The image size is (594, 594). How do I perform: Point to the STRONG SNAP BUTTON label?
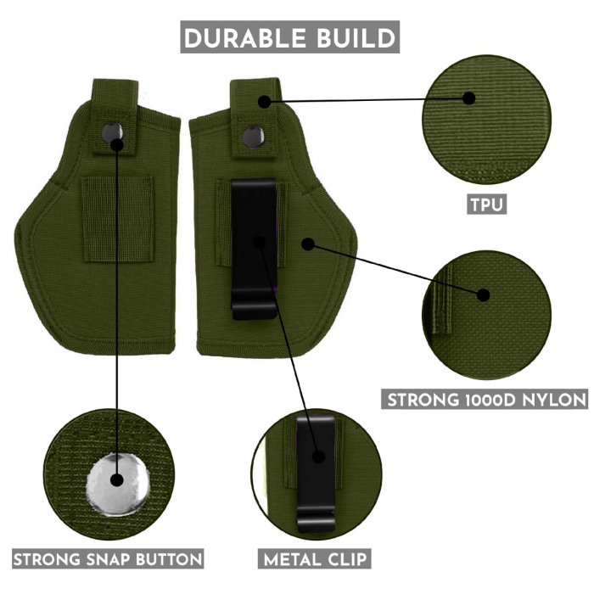click(x=108, y=559)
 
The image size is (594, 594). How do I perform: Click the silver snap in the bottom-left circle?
click(x=116, y=479)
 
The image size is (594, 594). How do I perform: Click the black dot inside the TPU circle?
click(x=468, y=98)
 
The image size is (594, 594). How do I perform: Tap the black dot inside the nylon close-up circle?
click(x=484, y=295)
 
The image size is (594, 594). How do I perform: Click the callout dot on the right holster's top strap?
click(x=265, y=101)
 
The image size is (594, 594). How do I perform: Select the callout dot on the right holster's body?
click(x=308, y=244)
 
